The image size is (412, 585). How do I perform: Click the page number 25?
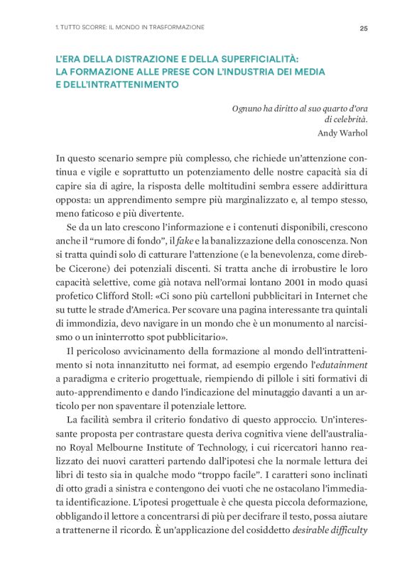pyautogui.click(x=364, y=28)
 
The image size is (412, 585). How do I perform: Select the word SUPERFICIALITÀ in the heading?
pyautogui.click(x=251, y=60)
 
